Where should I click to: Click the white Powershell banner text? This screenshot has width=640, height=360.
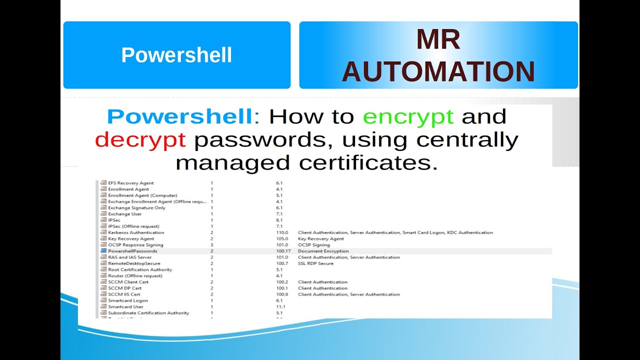pos(176,55)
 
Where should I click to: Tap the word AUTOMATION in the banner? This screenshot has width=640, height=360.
pos(438,72)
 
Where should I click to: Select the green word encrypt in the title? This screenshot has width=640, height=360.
pos(408,116)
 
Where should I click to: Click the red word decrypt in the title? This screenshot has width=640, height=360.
pos(140,140)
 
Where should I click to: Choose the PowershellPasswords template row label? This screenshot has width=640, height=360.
pos(132,251)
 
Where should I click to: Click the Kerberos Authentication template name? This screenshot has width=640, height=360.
pos(136,232)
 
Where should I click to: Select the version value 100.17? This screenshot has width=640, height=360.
pos(283,251)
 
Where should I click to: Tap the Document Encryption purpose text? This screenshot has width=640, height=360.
pos(323,251)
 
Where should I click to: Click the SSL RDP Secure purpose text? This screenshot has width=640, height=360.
pos(315,263)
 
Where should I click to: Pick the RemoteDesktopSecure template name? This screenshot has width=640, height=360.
pos(134,263)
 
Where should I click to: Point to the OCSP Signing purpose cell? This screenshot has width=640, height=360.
pos(313,245)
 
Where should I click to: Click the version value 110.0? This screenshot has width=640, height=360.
pos(282,232)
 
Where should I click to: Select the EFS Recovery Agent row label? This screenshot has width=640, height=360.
pos(131,183)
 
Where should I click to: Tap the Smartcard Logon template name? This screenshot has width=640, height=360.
pos(128,300)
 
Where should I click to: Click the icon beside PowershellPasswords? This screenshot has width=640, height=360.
pos(103,251)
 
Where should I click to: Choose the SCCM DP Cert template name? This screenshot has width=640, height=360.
pos(124,288)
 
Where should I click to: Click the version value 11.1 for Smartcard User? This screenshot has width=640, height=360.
pos(280,306)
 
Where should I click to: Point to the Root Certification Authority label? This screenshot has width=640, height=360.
pos(140,269)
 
